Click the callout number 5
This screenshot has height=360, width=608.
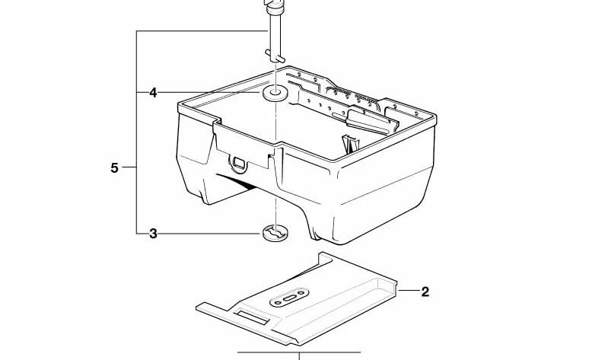114,168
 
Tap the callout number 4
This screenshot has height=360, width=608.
153,93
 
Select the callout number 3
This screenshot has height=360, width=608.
153,234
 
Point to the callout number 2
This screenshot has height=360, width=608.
425,292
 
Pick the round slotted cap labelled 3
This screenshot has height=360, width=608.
275,233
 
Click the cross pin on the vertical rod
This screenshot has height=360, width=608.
275,56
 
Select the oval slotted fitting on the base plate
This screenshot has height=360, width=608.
289,298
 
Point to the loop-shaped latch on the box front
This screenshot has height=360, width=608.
238,164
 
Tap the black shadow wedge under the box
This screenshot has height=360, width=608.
237,182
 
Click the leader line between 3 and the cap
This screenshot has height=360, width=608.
209,234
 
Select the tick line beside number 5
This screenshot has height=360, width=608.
129,167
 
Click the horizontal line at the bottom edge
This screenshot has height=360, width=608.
299,352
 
